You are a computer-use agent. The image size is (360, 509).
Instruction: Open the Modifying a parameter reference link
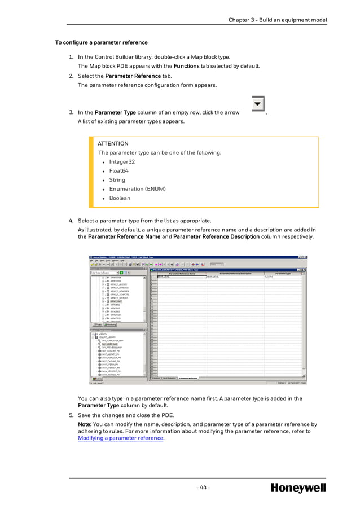coord(120,438)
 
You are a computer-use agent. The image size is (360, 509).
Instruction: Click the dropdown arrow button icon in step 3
coord(258,104)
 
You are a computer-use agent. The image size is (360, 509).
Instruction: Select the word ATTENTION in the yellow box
coord(113,144)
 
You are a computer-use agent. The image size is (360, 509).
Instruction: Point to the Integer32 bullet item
coord(122,162)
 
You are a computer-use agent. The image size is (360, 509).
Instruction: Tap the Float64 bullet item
coord(118,171)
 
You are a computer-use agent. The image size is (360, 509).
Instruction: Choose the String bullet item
coord(117,180)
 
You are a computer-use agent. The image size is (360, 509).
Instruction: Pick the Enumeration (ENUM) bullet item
coord(137,189)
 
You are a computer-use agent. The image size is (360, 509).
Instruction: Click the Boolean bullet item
coord(120,198)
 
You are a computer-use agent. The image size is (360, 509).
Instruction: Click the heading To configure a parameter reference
coord(101,42)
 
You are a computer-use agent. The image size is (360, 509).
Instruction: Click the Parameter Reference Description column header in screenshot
coord(235,273)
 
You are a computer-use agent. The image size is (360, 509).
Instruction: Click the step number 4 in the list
coord(71,221)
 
